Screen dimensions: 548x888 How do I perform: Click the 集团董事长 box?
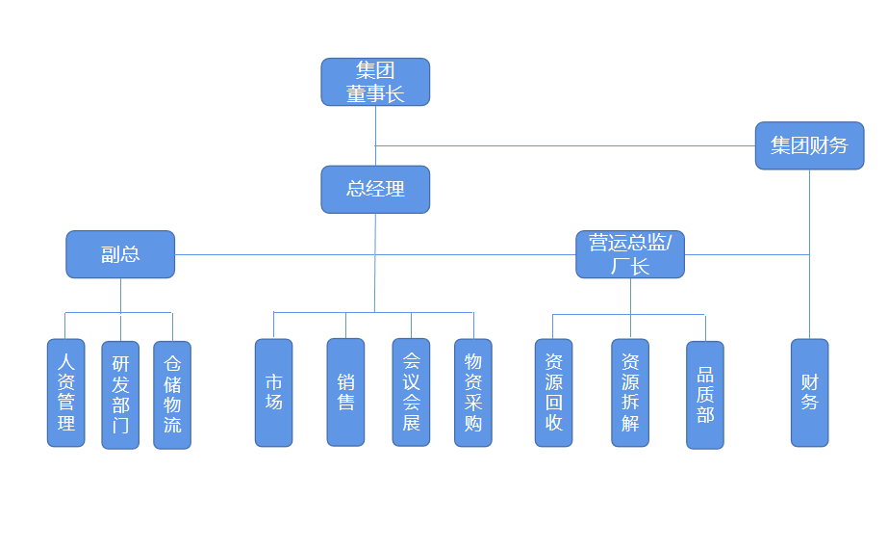(x=375, y=82)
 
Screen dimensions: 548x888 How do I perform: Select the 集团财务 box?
(x=809, y=145)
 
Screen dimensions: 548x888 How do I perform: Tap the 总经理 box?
(x=375, y=189)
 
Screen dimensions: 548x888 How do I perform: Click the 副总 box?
(x=120, y=254)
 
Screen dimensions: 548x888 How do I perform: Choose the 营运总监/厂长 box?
(x=630, y=254)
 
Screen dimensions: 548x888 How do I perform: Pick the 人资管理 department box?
(x=66, y=392)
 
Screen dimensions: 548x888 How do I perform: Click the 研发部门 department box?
(x=120, y=395)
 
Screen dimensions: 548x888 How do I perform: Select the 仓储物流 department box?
(x=172, y=395)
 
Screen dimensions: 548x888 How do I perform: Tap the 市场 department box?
(x=274, y=392)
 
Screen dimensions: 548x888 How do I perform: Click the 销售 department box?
(x=345, y=392)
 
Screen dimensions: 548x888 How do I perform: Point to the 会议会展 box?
(x=411, y=392)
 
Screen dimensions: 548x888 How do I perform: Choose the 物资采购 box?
(x=473, y=392)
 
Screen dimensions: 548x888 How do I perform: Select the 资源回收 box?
(x=553, y=392)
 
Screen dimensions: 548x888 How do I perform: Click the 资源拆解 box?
(x=630, y=392)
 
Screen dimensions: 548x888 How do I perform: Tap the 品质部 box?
(x=705, y=395)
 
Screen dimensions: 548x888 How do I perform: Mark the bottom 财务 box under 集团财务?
(x=809, y=392)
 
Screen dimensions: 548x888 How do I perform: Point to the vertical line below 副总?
(x=120, y=295)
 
